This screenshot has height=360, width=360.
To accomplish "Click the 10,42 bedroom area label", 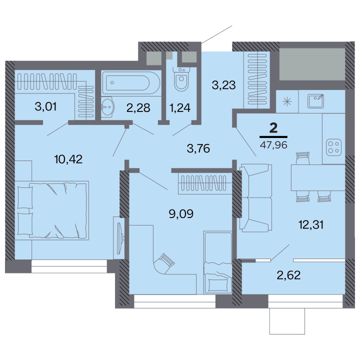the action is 68,159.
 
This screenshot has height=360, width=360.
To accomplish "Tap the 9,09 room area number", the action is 181,214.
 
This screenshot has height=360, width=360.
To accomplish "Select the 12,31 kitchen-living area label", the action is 311,224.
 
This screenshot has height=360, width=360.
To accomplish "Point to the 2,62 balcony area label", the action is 288,275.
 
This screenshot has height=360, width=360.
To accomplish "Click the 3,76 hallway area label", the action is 198,148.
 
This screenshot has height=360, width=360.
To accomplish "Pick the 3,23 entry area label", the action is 223,85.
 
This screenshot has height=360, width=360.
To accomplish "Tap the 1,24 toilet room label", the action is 180,107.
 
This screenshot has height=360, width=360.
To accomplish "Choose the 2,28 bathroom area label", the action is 138,107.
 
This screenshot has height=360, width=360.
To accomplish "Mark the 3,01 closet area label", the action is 45,107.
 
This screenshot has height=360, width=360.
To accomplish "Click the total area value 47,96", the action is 273,145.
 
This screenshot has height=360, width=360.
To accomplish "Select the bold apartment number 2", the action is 273,128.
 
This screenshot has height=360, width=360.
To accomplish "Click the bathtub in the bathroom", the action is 131,83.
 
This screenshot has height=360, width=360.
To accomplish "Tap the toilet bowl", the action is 181,78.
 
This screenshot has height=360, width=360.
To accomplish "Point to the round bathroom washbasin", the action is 107,107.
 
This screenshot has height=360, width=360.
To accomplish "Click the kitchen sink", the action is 315,101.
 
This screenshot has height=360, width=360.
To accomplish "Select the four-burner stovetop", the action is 333,147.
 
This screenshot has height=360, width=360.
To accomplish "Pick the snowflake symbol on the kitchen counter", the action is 287,101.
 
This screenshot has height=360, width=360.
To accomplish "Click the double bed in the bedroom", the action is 53,210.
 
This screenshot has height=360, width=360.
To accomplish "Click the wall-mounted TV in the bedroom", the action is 120,238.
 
